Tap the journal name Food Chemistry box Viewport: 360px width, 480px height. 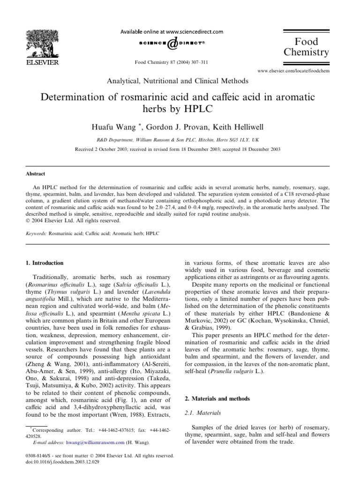[307, 46]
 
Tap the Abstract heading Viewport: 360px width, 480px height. [35, 173]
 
